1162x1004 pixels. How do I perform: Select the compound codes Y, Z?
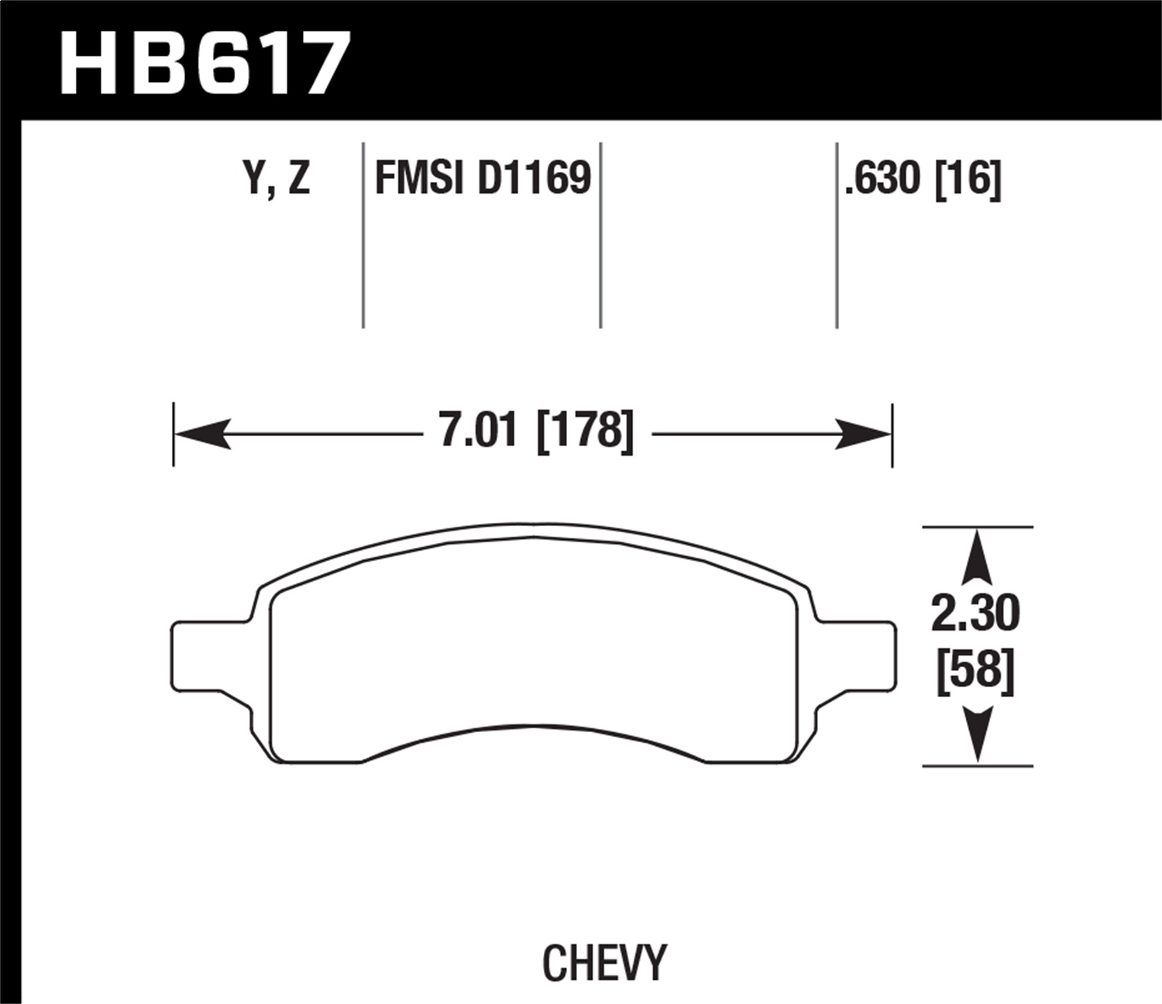[277, 180]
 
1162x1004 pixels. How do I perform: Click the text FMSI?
[418, 180]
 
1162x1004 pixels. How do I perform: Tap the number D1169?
[534, 180]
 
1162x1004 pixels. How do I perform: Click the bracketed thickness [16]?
[968, 180]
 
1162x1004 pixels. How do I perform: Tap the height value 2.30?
[976, 614]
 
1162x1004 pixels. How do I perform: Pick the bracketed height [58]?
[976, 670]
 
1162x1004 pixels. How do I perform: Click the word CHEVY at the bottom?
[603, 964]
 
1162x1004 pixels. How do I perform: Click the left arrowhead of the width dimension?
[201, 435]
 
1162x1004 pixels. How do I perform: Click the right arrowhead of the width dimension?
[865, 435]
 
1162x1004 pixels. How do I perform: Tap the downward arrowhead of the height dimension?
[978, 736]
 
